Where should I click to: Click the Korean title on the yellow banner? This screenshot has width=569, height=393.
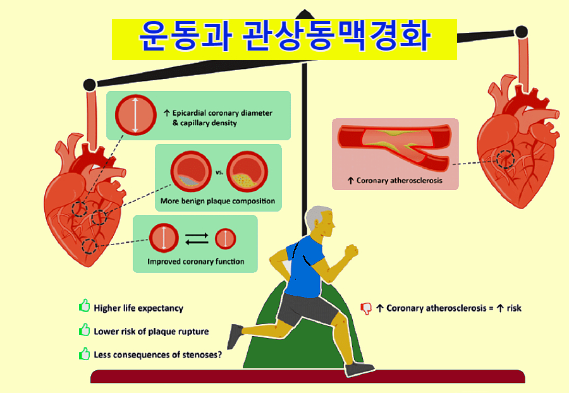(285, 36)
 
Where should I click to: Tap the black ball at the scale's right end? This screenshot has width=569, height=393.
(521, 32)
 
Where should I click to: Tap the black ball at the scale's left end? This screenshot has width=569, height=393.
(89, 85)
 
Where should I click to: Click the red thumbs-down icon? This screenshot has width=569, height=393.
(366, 308)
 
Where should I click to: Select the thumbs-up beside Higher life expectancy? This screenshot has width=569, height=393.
(84, 306)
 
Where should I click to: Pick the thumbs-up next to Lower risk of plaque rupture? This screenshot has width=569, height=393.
(84, 330)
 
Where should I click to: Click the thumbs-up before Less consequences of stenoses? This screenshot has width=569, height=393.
(84, 353)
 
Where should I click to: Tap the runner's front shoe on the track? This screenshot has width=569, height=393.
(359, 369)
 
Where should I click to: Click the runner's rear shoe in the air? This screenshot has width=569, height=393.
(235, 336)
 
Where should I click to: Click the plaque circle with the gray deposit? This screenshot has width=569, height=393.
(191, 171)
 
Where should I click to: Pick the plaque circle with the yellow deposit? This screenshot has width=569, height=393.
(247, 171)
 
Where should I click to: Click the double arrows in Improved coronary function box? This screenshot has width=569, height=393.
(197, 238)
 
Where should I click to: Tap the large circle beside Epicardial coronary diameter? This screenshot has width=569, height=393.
(135, 115)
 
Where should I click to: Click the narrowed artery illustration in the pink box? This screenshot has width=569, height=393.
(395, 146)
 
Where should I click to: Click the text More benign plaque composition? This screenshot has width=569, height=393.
(217, 201)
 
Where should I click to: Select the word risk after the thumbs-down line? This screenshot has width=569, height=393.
(514, 308)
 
